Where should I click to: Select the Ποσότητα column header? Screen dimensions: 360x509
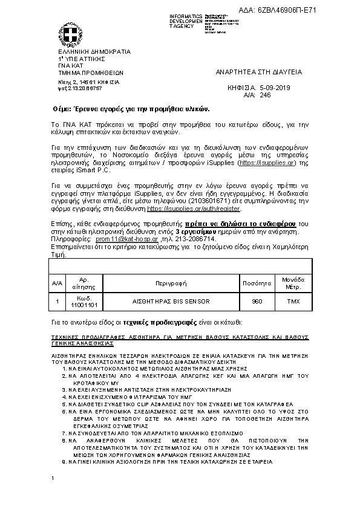click(257, 282)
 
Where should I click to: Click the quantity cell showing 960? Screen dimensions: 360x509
click(257, 300)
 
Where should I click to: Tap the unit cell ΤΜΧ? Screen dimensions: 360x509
click(293, 300)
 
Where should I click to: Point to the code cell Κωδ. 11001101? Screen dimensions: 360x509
click(85, 301)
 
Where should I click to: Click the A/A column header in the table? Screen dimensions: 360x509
click(57, 282)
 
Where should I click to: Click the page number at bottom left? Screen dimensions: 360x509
click(53, 479)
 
